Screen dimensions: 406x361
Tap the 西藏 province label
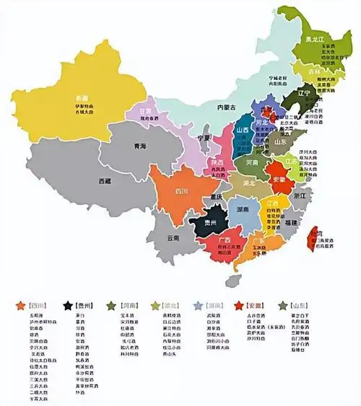click(x=105, y=182)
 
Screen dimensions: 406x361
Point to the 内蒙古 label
click(x=227, y=107)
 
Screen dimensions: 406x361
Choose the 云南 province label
click(x=173, y=237)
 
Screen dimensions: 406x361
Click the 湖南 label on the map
click(x=243, y=210)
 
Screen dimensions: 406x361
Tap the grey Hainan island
click(x=234, y=280)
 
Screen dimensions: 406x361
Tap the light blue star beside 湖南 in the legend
click(x=198, y=305)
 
